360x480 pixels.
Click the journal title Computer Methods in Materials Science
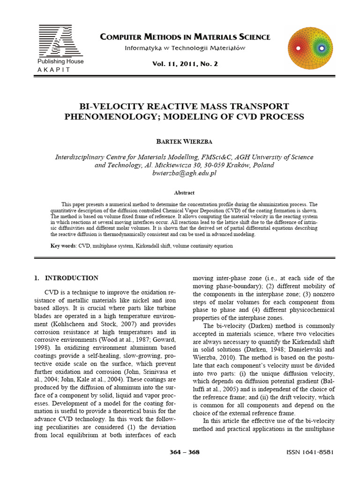pos(185,37)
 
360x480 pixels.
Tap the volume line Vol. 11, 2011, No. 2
pos(185,64)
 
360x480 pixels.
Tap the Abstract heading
pos(184,193)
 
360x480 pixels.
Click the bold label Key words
pos(63,246)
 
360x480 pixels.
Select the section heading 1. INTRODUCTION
pos(66,278)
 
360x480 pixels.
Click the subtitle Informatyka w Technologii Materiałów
pos(185,48)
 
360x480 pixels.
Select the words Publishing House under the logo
pos(60,61)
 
